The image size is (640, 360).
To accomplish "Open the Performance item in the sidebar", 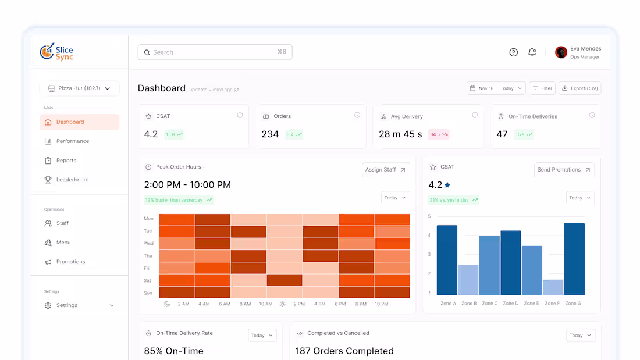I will click(x=72, y=141).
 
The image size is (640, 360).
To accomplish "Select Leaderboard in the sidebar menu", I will click(x=72, y=180).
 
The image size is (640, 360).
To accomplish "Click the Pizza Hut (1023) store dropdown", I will click(x=80, y=88).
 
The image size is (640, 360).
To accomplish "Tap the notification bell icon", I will click(x=532, y=52).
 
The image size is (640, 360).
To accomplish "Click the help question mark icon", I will click(x=513, y=52).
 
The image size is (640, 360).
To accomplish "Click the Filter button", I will click(x=542, y=88).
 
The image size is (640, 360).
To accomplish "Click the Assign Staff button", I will click(x=386, y=170).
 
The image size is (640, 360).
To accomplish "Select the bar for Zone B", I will click(x=468, y=280).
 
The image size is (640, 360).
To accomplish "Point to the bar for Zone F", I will click(x=553, y=287).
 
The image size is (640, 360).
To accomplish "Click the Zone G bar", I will click(x=574, y=259).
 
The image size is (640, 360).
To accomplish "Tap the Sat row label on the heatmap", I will click(x=148, y=281).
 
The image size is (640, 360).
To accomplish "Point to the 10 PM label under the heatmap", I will click(x=381, y=304).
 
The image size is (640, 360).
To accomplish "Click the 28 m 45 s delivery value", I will click(x=400, y=134).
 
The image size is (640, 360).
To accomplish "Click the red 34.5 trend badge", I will click(x=439, y=134).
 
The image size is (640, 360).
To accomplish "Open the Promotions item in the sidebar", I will click(x=70, y=262).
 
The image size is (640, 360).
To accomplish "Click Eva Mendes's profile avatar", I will click(x=561, y=52).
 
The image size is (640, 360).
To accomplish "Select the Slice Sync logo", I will click(x=56, y=52).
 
